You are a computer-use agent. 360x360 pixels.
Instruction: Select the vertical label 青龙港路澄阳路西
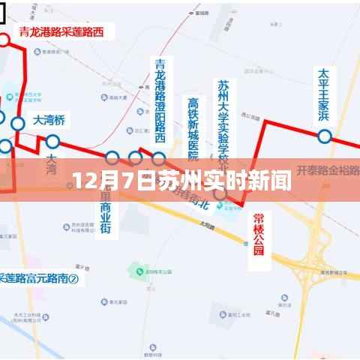[x=159, y=100]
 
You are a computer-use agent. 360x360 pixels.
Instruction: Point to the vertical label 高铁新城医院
[x=193, y=128]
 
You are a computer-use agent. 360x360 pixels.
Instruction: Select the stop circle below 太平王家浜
[x=324, y=136]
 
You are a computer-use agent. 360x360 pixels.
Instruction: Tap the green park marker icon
[x=136, y=267]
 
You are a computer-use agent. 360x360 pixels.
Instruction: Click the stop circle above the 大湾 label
[x=52, y=141]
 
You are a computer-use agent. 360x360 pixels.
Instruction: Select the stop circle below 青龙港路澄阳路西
[x=159, y=158]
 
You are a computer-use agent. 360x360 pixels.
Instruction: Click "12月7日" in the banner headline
[x=105, y=181]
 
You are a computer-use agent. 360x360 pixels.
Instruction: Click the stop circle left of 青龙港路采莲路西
[x=3, y=39]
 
